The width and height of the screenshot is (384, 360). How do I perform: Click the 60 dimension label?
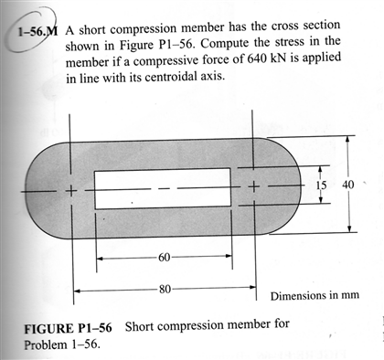[164, 257]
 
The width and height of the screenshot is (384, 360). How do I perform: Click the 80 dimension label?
[165, 290]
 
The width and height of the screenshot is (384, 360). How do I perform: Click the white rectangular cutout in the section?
[162, 188]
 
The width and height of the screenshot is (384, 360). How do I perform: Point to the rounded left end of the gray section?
[41, 190]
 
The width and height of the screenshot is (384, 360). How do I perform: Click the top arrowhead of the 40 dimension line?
[347, 142]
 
